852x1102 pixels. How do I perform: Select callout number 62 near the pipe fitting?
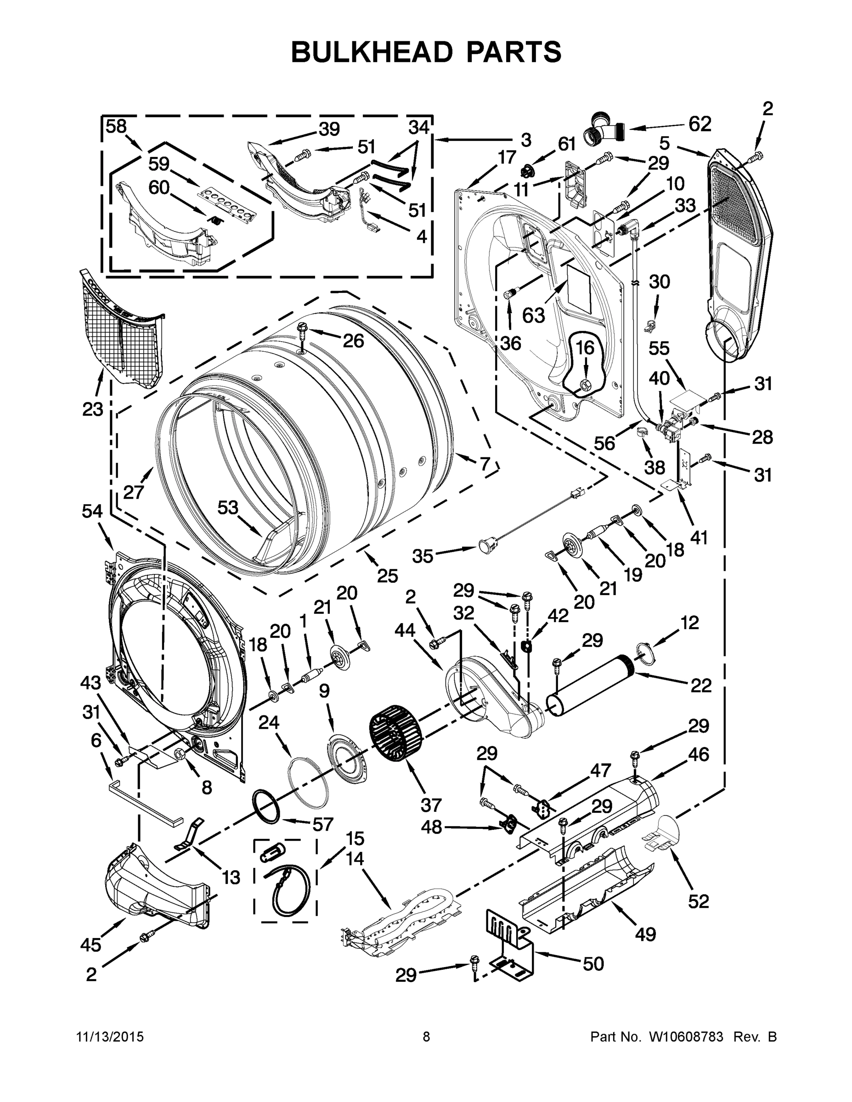[700, 124]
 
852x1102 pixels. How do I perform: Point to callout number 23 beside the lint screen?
[93, 409]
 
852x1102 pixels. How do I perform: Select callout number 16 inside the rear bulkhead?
[585, 348]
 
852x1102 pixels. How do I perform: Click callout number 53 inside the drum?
[228, 507]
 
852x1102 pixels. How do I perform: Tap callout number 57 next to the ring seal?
[322, 824]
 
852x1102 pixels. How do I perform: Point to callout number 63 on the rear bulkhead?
[534, 315]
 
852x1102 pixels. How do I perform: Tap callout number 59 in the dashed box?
[158, 164]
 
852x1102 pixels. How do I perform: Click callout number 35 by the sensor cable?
[423, 556]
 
